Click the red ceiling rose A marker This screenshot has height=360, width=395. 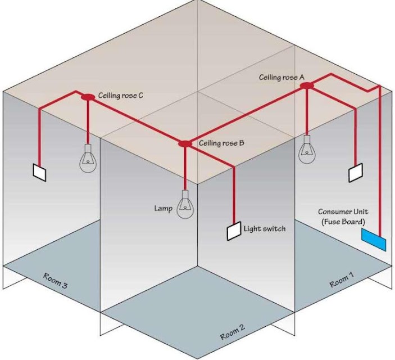[307, 85]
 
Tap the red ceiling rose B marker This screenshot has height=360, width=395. [185, 143]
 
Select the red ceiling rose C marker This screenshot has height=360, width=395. [88, 97]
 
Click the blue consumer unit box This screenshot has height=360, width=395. [374, 240]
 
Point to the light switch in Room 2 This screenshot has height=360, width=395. [234, 231]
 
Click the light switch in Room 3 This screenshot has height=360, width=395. [39, 172]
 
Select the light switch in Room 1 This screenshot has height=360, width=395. [356, 173]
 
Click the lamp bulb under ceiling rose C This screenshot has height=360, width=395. [88, 159]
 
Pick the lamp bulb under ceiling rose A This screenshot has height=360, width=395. [307, 150]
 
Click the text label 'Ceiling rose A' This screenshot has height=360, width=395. [282, 77]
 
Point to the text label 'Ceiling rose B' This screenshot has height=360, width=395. [221, 143]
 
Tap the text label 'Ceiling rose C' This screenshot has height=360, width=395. [120, 96]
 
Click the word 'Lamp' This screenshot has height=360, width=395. [164, 208]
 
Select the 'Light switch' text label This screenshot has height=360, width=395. [265, 229]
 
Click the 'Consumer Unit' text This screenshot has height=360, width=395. [343, 211]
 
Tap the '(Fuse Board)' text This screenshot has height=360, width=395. [343, 222]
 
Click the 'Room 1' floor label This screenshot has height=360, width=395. [342, 280]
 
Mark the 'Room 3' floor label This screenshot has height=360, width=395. [56, 281]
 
